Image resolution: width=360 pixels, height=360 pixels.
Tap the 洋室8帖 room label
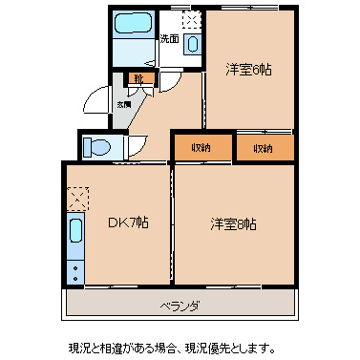[x=234, y=224]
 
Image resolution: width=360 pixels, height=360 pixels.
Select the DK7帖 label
[x=126, y=223]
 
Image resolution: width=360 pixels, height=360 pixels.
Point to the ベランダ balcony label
[x=180, y=306]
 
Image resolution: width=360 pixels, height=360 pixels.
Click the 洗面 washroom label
[x=169, y=40]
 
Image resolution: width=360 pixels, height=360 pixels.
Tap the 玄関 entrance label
[x=124, y=103]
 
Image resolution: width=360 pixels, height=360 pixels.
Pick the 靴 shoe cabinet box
[x=138, y=79]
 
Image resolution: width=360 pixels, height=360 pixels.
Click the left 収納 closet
[x=200, y=148]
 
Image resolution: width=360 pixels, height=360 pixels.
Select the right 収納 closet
[x=263, y=148]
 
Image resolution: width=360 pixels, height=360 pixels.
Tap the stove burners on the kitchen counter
[x=75, y=268]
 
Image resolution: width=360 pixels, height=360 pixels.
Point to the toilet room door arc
[x=137, y=146]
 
